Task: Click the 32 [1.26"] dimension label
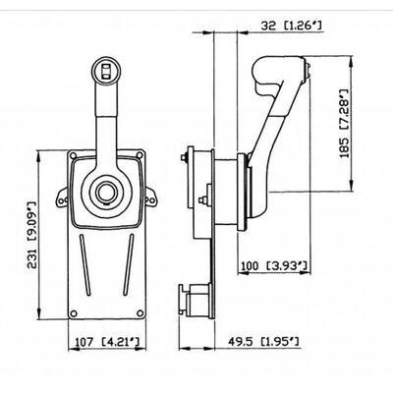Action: (291, 26)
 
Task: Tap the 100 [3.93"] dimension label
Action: (274, 265)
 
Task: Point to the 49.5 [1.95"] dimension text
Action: (263, 342)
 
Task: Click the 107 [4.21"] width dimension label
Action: (107, 342)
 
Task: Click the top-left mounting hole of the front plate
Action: (74, 155)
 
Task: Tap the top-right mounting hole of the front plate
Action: (140, 155)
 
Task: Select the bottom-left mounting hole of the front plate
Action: (74, 313)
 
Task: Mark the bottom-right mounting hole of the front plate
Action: (140, 313)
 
